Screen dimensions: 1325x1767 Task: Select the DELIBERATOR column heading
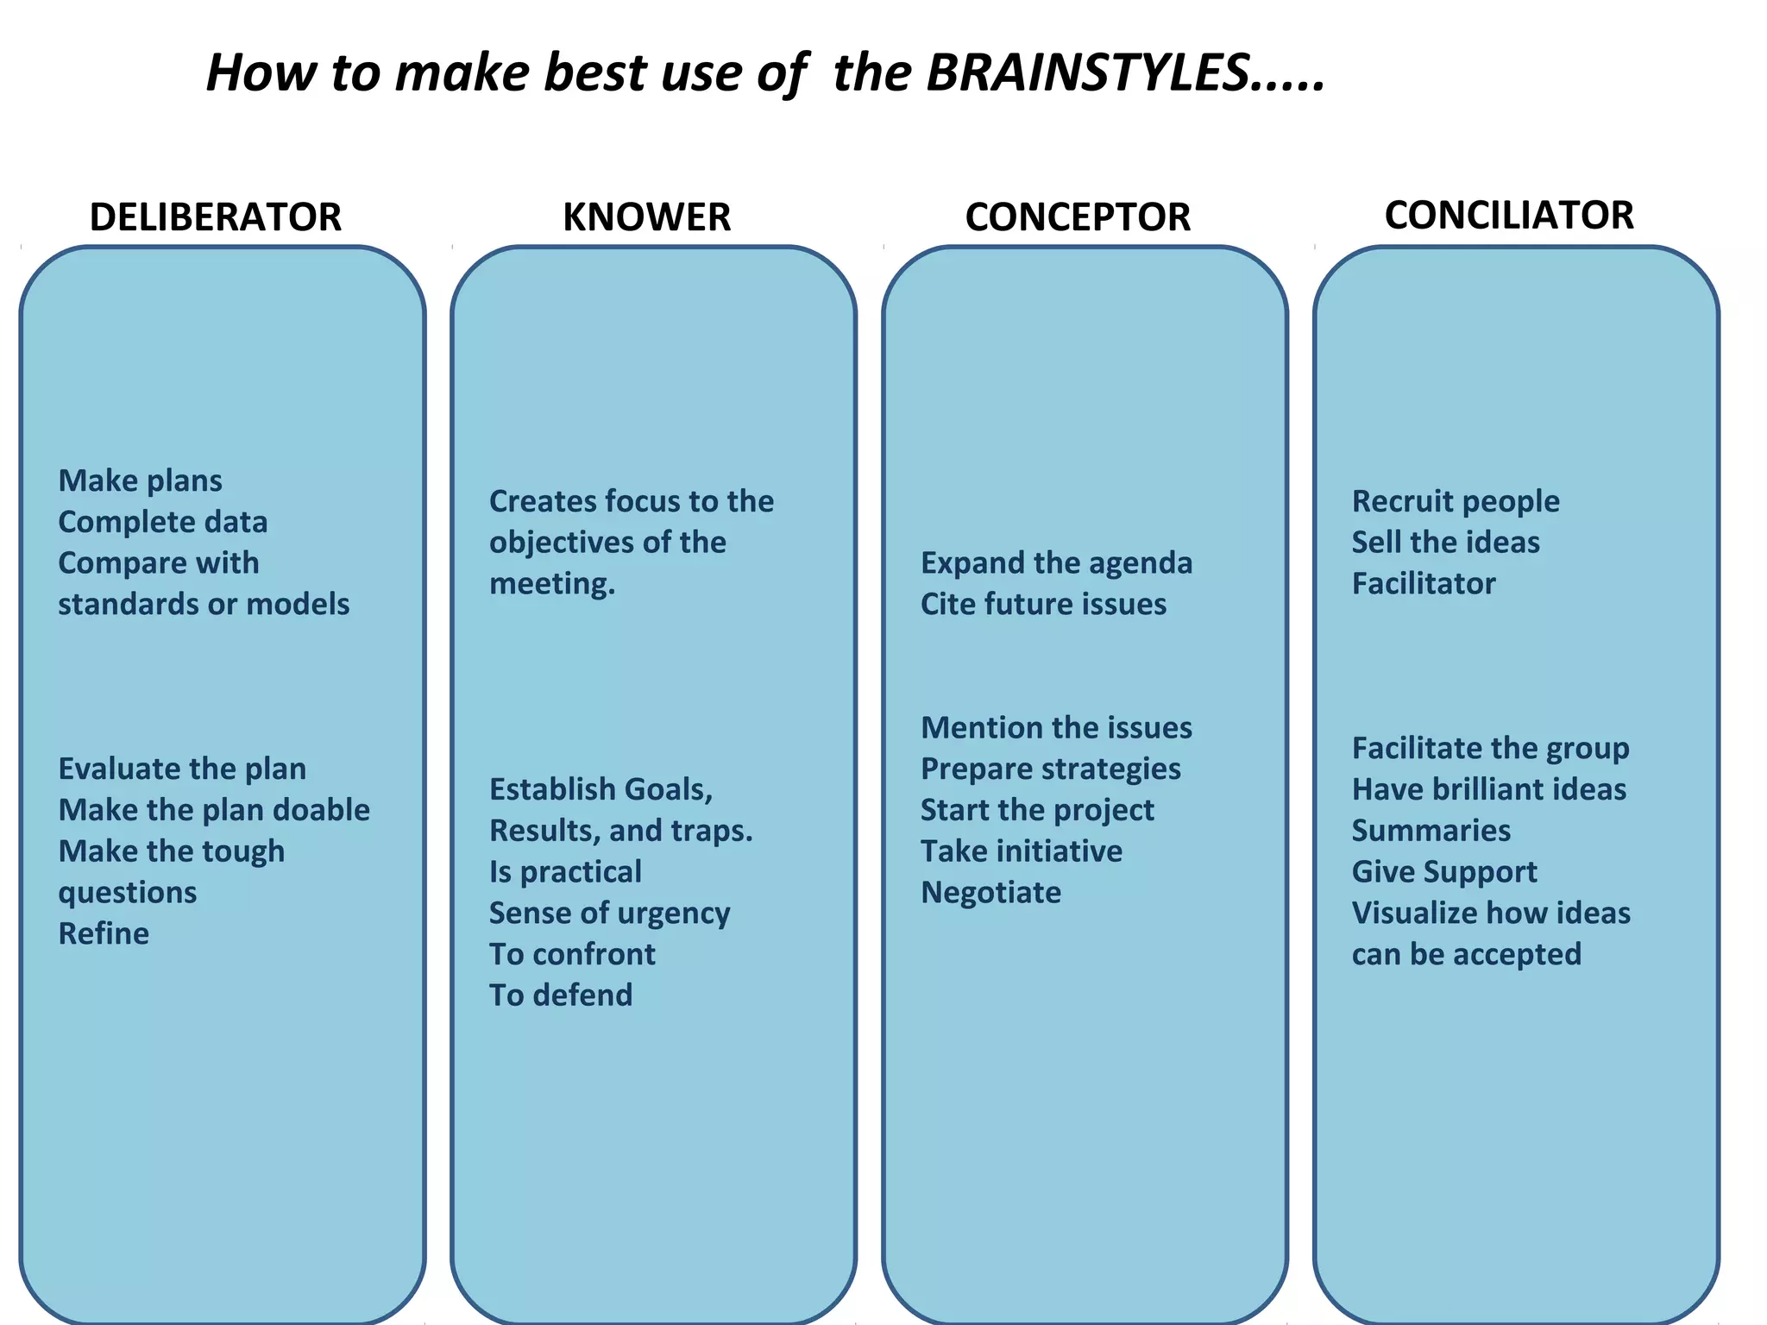tap(216, 217)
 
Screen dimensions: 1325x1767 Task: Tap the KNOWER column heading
tap(646, 217)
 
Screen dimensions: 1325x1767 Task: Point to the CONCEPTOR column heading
tap(1078, 217)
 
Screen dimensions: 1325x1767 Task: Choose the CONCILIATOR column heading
tap(1509, 216)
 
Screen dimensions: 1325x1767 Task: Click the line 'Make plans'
tap(141, 480)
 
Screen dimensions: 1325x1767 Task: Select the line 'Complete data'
tap(163, 522)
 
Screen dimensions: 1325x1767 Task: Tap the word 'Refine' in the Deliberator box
tap(104, 933)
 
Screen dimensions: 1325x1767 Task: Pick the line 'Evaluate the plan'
tap(182, 769)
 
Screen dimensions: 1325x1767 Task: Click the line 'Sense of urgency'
tap(609, 913)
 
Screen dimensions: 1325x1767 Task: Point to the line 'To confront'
tap(572, 954)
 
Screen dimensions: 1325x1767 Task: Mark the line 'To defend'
tap(561, 995)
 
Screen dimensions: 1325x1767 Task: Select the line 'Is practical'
tap(565, 872)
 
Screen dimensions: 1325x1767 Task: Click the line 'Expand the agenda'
tap(1056, 563)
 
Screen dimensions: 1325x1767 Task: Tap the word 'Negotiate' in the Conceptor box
tap(990, 893)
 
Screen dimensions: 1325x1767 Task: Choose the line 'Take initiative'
tap(1022, 851)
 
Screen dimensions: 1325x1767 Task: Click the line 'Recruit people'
tap(1456, 501)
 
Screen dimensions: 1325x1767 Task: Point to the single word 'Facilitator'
tap(1424, 584)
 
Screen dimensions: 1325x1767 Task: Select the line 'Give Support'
tap(1444, 872)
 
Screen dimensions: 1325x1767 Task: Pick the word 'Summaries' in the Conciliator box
tap(1431, 831)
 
